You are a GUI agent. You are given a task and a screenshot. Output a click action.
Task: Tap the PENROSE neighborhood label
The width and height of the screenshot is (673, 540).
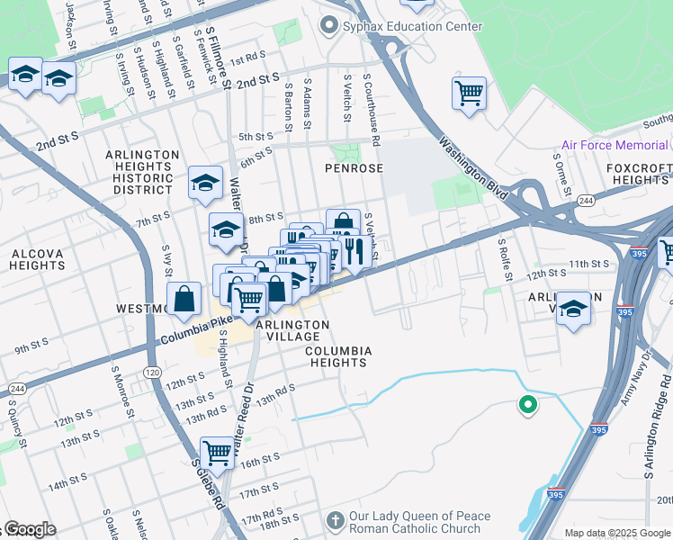tap(354, 168)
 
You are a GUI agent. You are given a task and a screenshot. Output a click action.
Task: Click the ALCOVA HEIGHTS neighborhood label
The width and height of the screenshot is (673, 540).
tap(37, 260)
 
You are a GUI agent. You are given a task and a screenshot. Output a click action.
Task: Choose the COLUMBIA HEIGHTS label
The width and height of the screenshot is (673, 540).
tap(336, 356)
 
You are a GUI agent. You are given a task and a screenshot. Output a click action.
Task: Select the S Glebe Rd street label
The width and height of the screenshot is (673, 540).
tap(208, 486)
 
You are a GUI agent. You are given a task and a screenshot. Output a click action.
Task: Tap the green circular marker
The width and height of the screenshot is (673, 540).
tap(528, 406)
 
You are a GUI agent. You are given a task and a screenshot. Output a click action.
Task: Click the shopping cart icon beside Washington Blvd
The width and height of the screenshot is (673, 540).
tap(469, 93)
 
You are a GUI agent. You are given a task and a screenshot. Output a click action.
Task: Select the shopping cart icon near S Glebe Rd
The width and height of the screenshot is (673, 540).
tap(217, 452)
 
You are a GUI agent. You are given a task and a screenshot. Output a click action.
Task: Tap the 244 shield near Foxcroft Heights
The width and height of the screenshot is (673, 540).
tap(586, 200)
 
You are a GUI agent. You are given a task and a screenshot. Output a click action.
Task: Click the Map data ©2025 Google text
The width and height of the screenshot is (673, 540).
tap(616, 533)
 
